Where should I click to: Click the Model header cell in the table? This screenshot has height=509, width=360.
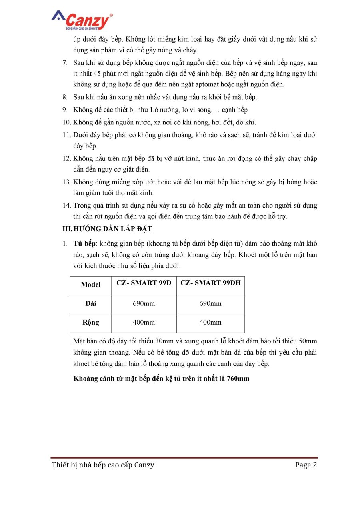pyautogui.click(x=90, y=285)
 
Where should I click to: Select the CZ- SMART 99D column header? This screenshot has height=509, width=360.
pyautogui.click(x=144, y=283)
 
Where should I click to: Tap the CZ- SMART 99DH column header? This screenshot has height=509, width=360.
pyautogui.click(x=210, y=283)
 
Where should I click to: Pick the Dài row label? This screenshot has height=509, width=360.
pyautogui.click(x=90, y=303)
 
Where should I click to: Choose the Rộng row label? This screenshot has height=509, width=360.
pyautogui.click(x=90, y=322)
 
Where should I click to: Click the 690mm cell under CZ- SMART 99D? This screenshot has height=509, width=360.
pyautogui.click(x=144, y=303)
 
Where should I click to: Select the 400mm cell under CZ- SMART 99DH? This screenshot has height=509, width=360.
pyautogui.click(x=210, y=322)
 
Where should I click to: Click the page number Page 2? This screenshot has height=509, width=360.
pyautogui.click(x=306, y=465)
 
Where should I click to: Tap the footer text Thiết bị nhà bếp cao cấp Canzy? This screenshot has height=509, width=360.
pyautogui.click(x=103, y=465)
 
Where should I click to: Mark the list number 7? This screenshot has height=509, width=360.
pyautogui.click(x=65, y=63)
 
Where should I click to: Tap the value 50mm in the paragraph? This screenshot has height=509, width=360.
pyautogui.click(x=308, y=341)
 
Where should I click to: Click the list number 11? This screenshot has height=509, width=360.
pyautogui.click(x=66, y=135)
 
